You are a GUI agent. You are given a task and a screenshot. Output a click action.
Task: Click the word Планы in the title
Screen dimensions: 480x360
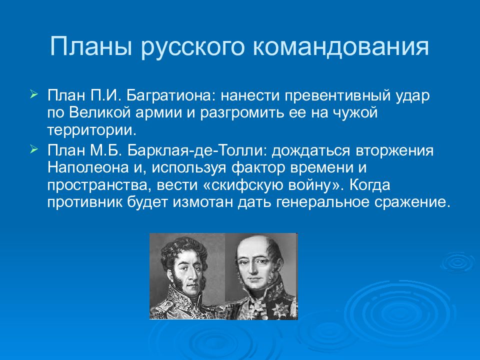coord(91,46)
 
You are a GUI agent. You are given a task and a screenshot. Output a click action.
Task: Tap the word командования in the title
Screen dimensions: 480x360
coord(341,46)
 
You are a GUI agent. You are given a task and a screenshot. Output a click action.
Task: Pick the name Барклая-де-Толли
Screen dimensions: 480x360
coord(197,150)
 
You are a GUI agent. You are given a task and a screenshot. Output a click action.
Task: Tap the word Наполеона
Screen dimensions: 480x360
coord(88,168)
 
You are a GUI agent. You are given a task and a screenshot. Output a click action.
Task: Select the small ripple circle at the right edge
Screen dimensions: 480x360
coord(458,262)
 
